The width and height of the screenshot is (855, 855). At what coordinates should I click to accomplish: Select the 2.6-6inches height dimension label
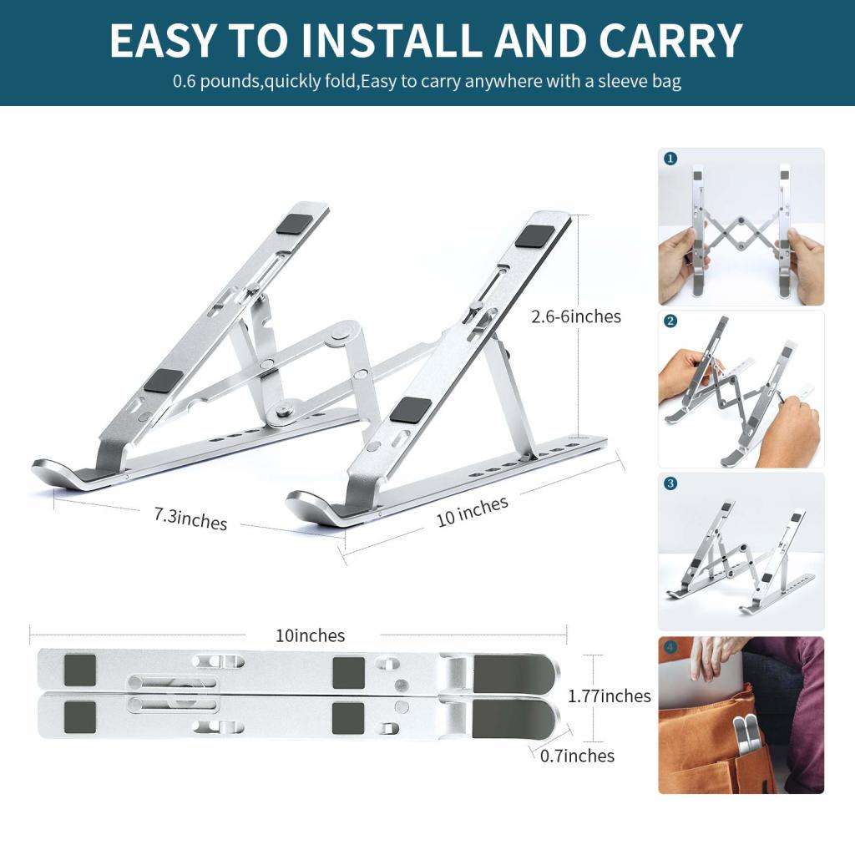pos(576,316)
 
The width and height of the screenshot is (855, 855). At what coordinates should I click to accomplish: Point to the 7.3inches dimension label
pos(190,519)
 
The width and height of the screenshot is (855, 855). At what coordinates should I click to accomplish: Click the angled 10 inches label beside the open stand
pos(472,511)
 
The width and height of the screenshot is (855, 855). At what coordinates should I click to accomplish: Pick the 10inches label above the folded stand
pos(310,635)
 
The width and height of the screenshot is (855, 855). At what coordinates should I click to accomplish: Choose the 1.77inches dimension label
pos(609,696)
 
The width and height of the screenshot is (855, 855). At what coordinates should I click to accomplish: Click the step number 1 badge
pos(671,159)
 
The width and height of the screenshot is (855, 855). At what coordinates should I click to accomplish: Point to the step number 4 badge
pos(671,647)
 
